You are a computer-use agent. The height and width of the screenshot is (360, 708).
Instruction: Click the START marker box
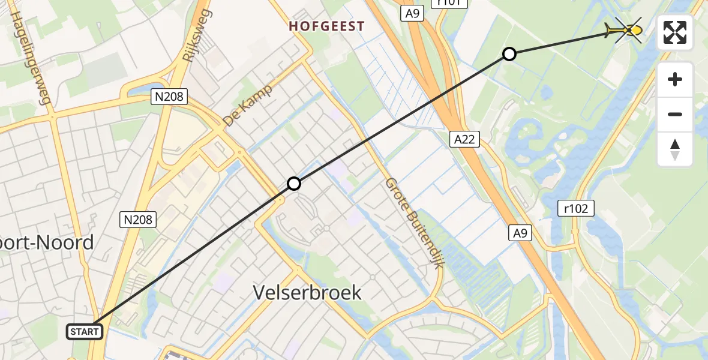tap(85, 331)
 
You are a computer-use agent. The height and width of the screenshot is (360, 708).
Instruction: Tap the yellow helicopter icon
tap(625, 29)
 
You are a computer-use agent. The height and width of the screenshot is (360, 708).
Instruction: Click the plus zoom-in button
tap(675, 79)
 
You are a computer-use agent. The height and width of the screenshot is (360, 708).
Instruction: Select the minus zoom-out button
tap(675, 114)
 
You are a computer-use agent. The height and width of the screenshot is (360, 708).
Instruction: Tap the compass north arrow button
tap(675, 149)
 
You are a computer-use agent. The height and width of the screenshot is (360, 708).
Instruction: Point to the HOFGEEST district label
tap(326, 26)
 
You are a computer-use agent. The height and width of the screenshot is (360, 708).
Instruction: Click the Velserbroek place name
tap(307, 292)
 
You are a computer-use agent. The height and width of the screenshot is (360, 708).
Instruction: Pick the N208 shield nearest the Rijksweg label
tap(170, 95)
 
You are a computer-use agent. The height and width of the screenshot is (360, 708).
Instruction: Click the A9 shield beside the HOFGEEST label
tap(412, 13)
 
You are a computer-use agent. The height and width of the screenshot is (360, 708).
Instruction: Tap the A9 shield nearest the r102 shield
tap(520, 233)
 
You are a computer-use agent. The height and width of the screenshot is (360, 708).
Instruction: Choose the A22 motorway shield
tap(464, 139)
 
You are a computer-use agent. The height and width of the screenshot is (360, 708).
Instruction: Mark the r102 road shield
tap(576, 208)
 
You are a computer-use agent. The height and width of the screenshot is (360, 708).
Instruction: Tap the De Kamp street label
tap(248, 105)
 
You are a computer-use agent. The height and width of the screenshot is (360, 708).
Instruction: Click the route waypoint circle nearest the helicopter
tap(509, 55)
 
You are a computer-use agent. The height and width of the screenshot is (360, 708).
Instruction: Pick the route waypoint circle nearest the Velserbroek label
tap(293, 184)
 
